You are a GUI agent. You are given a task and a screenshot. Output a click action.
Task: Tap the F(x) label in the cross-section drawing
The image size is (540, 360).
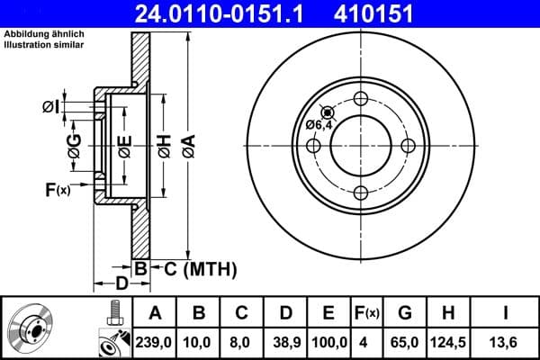pos(57,189)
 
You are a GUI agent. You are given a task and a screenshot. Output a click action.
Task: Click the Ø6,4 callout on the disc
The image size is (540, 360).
pos(319,125)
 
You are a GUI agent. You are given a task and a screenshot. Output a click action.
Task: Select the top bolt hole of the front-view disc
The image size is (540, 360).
pos(361,99)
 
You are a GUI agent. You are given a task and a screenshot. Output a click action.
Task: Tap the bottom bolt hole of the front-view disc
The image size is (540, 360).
pos(361,192)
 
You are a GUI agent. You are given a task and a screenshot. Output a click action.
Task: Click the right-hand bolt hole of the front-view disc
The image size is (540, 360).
pos(407,146)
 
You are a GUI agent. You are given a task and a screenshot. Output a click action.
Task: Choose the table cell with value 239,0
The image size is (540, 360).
pos(155,343)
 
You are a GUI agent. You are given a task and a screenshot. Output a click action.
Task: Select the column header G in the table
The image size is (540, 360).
pos(405,313)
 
